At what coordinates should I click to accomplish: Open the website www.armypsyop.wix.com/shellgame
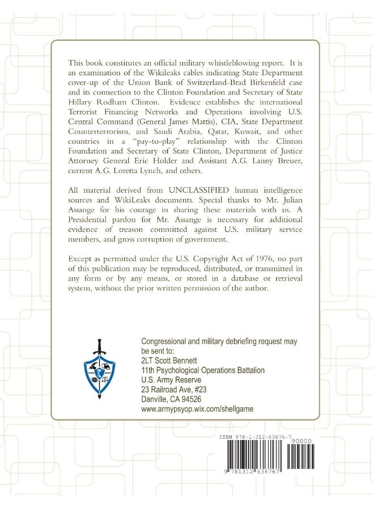point(197,409)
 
